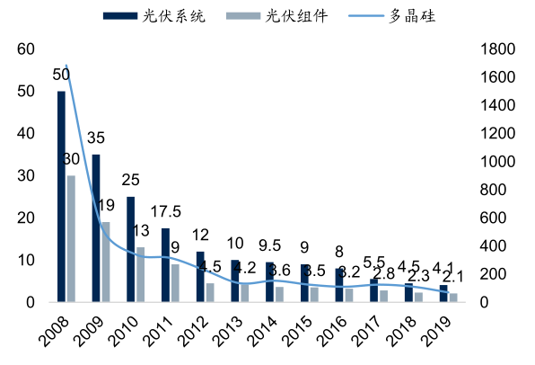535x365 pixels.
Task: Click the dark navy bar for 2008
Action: [61, 196]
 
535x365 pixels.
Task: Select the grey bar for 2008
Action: [71, 238]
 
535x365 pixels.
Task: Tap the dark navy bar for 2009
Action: [95, 228]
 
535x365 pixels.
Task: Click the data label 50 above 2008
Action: [62, 75]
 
